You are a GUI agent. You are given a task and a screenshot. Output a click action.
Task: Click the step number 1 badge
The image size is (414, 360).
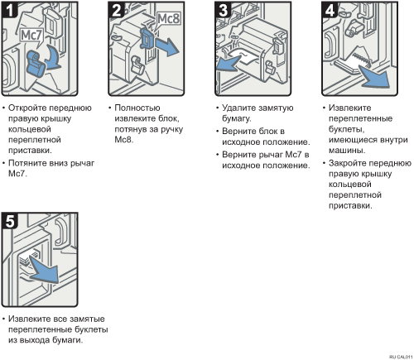click(x=10, y=10)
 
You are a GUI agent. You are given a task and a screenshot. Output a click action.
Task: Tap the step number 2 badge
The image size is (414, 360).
click(x=117, y=10)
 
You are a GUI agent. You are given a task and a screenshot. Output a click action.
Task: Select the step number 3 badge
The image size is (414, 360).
click(x=223, y=10)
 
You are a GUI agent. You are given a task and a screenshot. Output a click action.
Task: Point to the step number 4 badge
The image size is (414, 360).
click(x=330, y=10)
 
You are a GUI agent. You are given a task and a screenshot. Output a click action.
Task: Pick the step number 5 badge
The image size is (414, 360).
click(x=10, y=221)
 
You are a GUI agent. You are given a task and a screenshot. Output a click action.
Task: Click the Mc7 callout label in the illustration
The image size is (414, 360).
click(x=31, y=36)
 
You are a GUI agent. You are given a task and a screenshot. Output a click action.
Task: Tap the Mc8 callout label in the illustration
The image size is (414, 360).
click(x=168, y=19)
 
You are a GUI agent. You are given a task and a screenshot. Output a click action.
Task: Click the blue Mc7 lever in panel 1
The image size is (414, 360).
click(x=35, y=63)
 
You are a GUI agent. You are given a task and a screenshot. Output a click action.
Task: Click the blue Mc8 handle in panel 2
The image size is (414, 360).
click(x=146, y=38)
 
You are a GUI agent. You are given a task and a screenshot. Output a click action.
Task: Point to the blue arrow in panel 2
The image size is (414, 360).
click(x=166, y=46)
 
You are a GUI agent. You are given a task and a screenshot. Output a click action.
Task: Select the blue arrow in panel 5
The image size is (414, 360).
click(x=45, y=270)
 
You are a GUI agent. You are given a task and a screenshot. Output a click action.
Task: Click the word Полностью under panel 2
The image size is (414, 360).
click(x=137, y=108)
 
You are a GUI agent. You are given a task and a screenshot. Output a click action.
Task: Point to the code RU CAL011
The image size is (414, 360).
click(x=401, y=357)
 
